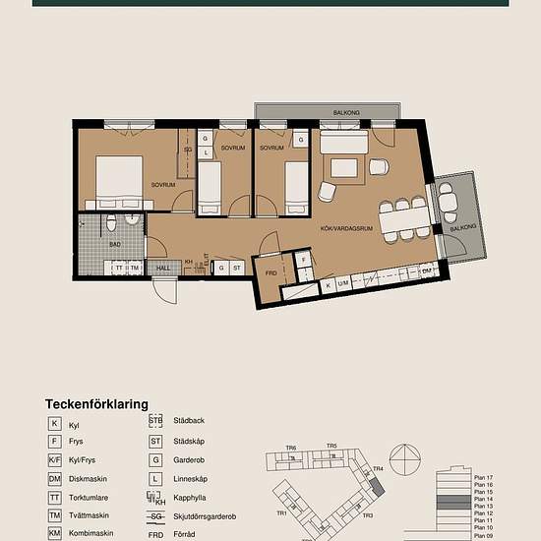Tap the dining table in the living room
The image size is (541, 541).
403,217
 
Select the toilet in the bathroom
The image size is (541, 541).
114,219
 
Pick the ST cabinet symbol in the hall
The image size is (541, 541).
237,267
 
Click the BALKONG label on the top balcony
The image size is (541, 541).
344,113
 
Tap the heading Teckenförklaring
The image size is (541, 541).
96,404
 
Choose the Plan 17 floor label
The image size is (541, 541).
483,477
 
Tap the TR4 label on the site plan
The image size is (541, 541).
377,469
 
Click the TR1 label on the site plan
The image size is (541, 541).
281,513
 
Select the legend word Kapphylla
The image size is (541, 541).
191,497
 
